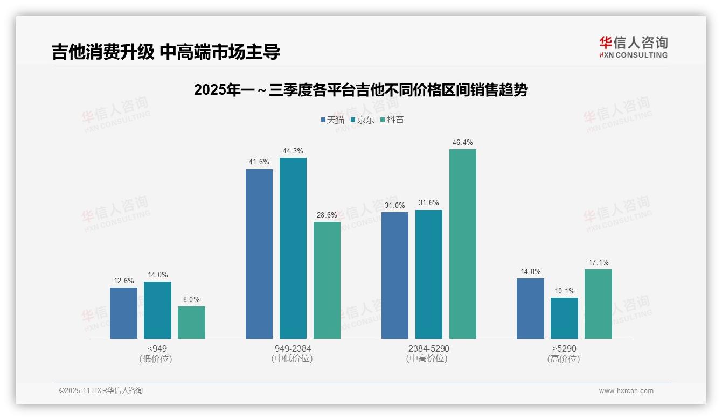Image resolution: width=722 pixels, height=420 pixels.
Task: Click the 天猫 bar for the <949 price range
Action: [123, 313]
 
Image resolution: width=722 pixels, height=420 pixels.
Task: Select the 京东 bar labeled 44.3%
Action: [293, 248]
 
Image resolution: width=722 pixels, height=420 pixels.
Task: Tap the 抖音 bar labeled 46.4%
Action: [462, 244]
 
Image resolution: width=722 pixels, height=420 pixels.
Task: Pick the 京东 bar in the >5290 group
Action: [564, 318]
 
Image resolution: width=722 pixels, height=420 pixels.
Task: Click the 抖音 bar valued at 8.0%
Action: [191, 323]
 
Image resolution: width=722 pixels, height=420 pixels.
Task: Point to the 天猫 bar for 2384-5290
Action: [394, 275]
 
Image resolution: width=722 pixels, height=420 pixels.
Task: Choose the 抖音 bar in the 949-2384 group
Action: [327, 280]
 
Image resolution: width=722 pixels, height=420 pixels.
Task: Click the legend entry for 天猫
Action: [332, 120]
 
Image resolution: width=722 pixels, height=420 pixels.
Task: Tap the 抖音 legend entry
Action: [392, 120]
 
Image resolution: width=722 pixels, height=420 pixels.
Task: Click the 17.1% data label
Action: [598, 263]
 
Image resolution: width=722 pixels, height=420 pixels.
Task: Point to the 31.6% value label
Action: [428, 203]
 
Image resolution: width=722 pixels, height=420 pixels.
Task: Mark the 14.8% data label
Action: [530, 272]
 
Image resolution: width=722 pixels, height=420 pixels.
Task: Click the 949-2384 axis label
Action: [292, 348]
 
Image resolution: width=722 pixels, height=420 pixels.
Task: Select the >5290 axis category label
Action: [564, 348]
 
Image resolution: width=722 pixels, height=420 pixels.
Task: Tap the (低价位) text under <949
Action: [156, 359]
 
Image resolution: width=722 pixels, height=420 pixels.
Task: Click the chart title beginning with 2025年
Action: [360, 90]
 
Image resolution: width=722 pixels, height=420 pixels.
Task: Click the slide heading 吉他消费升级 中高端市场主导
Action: [166, 52]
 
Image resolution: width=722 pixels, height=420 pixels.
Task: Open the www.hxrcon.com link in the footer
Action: [626, 391]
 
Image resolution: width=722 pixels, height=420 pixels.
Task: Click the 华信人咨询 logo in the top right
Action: [633, 47]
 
